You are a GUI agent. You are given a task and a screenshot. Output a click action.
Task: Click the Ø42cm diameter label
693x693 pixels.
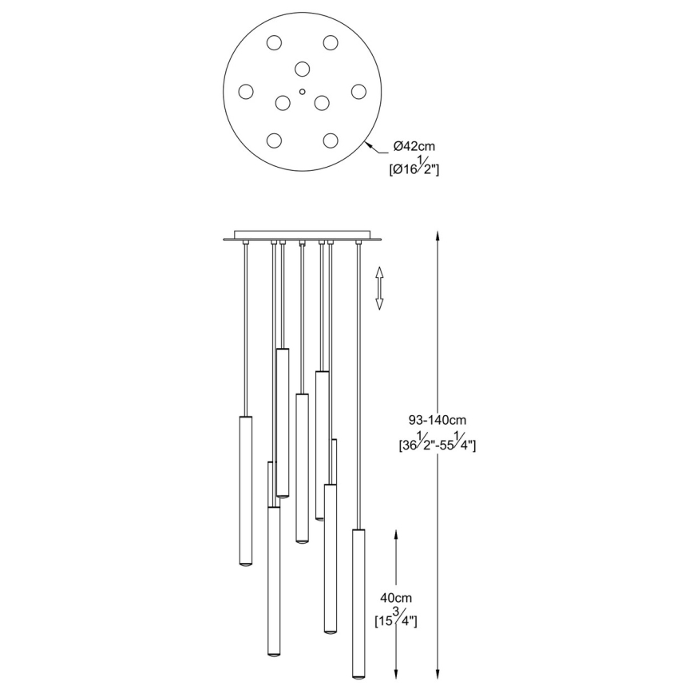point(414,146)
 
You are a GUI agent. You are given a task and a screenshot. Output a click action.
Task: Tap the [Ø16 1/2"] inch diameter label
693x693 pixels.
point(414,167)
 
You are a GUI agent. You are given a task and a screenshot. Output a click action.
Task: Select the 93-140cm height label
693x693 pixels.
point(436,419)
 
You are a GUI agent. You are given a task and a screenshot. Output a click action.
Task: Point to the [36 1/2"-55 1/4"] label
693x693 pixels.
point(437,445)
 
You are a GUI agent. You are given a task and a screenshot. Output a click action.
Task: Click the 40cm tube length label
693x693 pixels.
point(396,598)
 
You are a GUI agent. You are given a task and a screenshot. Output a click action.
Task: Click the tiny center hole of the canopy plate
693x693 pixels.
point(302,92)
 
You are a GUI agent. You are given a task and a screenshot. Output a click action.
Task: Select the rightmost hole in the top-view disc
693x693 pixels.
point(358,92)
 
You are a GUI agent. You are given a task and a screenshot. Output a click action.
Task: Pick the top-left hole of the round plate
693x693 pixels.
point(274,43)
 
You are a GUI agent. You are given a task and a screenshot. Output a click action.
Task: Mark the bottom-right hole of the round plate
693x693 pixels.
point(330,141)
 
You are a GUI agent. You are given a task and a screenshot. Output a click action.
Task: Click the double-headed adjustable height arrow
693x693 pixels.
point(380,288)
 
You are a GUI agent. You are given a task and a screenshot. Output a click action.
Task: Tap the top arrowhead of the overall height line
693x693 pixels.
point(437,235)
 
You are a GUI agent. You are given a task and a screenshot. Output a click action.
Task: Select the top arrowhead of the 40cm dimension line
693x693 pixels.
point(397,532)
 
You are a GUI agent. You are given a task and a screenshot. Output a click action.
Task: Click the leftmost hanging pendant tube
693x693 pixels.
point(246,491)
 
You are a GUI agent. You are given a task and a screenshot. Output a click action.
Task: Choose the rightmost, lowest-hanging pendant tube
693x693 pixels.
point(358,600)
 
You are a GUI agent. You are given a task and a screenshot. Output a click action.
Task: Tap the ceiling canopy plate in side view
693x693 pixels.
point(302,236)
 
